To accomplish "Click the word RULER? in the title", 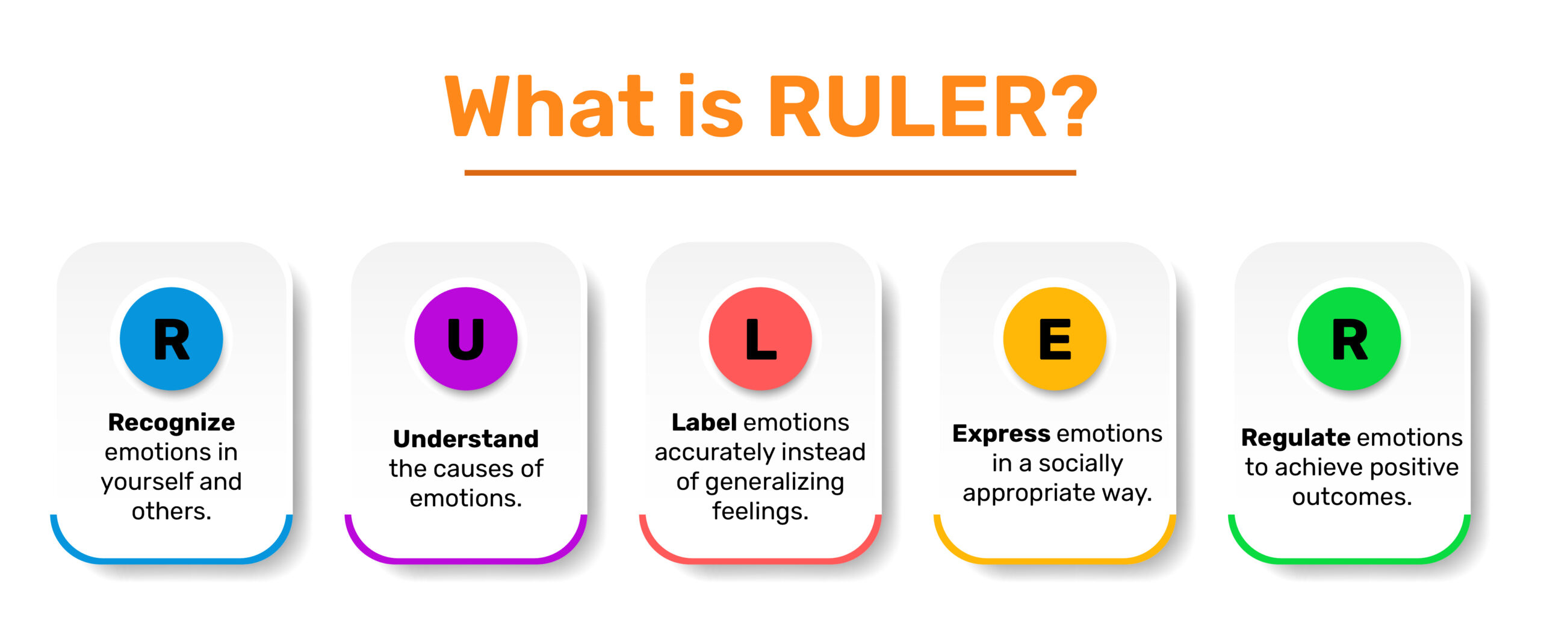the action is point(933,107).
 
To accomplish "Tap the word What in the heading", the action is point(549,107).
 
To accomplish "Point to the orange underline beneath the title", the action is point(770,173).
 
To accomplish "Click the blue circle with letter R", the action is point(172,339).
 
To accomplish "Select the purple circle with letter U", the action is point(466,339).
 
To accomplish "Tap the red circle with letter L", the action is point(760,339).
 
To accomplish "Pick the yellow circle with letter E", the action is point(1055,339).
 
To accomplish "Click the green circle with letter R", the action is point(1349,339).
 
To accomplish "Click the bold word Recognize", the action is point(172,423).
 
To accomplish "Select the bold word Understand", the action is point(466,439).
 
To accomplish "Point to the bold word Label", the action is point(704,423).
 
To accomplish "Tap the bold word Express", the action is point(1001,434).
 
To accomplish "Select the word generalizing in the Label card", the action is point(775,483).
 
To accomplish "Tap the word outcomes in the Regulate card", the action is point(1352,497).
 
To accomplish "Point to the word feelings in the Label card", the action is point(760,512).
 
